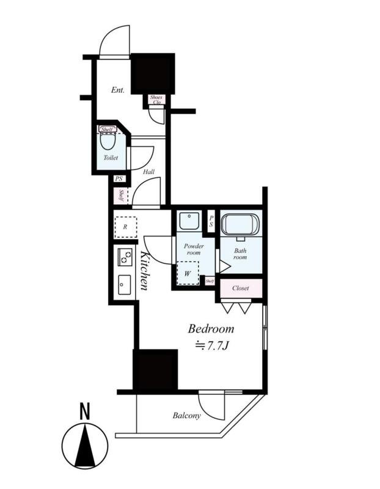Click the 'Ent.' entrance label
[118, 90]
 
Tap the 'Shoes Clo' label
[156, 100]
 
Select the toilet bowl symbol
[108, 141]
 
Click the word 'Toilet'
[111, 158]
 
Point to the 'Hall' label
[148, 172]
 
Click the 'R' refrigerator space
[125, 226]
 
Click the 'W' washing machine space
[188, 273]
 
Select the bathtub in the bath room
[240, 225]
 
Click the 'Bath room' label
[239, 253]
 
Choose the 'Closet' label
[240, 288]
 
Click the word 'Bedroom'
[210, 329]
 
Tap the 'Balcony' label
[186, 416]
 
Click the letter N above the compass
[84, 413]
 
